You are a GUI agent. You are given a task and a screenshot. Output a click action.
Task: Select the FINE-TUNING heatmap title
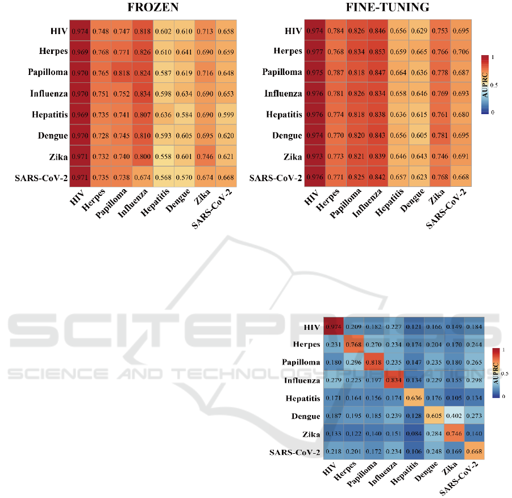387,9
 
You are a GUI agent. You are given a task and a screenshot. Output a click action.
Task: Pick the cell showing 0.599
226,115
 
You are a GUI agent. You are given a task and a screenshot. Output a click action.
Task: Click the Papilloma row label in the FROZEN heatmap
47,72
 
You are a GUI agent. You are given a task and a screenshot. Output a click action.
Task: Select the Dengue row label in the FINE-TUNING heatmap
288,136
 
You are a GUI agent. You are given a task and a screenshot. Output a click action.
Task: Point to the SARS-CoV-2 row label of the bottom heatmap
294,453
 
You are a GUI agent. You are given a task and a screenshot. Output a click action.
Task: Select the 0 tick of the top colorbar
492,112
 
